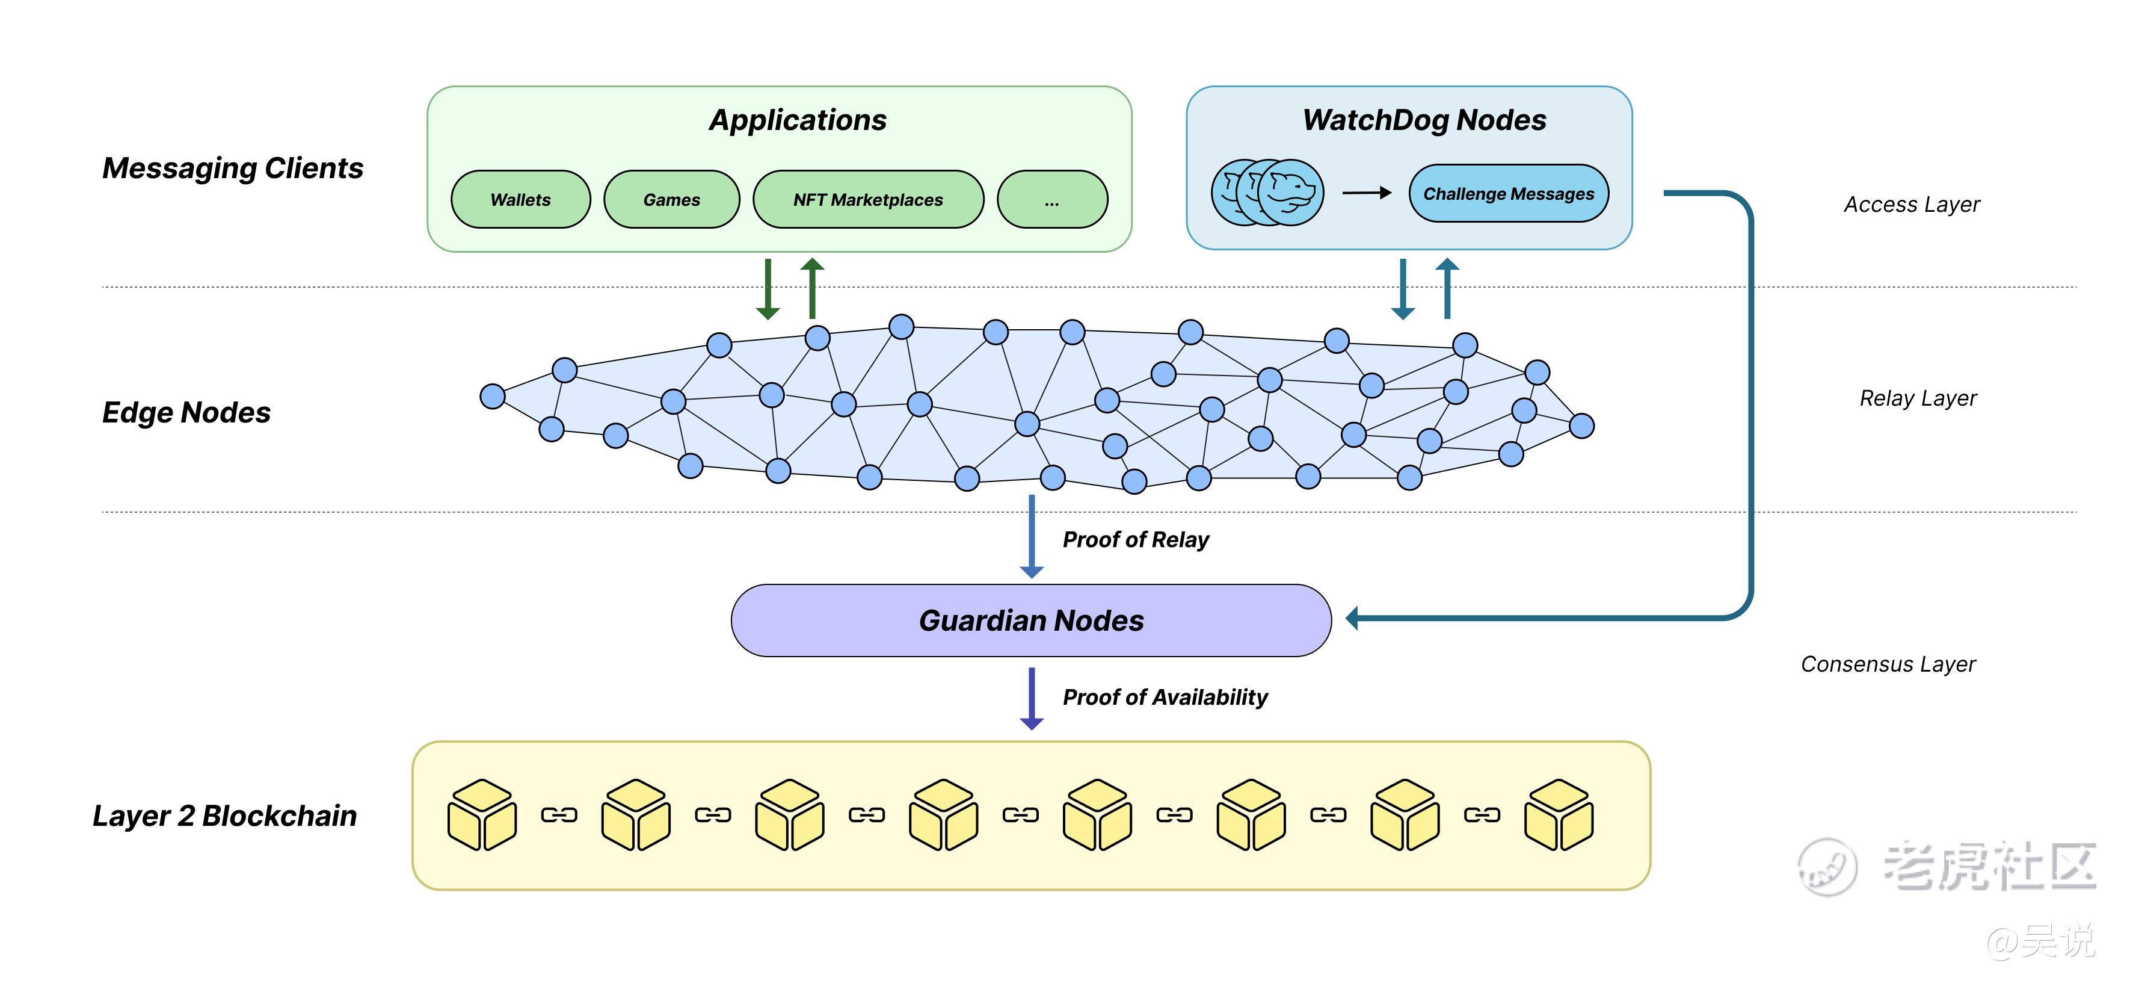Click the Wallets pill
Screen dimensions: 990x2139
521,199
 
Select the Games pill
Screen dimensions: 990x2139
672,199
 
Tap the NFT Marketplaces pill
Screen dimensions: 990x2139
868,199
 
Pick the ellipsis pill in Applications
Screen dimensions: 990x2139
1052,199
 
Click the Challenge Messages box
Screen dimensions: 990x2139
1508,194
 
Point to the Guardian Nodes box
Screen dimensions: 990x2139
1030,620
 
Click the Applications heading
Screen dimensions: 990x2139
797,120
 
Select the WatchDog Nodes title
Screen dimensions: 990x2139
1424,120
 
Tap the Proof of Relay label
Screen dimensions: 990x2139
1135,540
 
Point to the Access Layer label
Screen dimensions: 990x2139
1912,204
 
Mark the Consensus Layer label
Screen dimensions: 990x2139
1888,664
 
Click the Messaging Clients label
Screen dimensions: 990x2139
233,168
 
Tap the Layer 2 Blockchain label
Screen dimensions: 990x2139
224,815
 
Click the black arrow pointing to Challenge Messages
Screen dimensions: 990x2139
1367,193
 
